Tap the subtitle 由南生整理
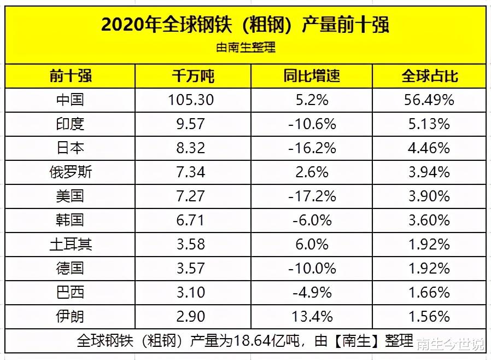tap(245, 48)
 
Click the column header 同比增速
tap(312, 76)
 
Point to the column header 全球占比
tap(429, 76)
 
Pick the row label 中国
tap(70, 100)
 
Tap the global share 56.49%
tap(429, 100)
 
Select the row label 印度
tap(70, 124)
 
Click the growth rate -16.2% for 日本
tap(312, 148)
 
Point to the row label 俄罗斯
tap(70, 172)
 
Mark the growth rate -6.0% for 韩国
tap(312, 220)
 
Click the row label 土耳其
tap(70, 244)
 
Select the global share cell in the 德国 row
tap(429, 268)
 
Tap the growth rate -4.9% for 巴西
tap(312, 292)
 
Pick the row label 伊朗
tap(70, 316)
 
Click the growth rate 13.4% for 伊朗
tap(312, 316)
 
